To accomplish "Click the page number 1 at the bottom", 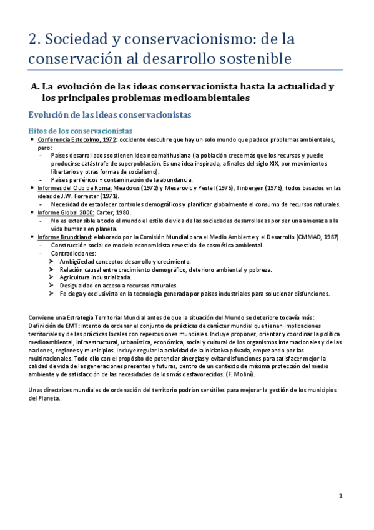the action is (341, 496).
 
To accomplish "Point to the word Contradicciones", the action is (76, 253).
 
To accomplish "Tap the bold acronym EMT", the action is (73, 326).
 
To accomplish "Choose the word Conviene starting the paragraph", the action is (42, 317).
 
